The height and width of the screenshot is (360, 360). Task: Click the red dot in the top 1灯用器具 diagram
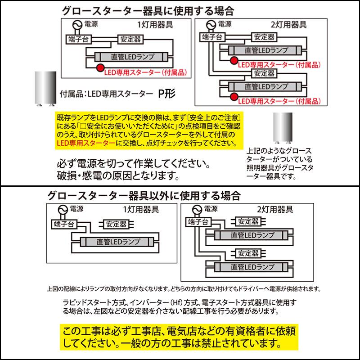click(99, 67)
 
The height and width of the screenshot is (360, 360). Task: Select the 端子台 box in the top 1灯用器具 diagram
click(78, 39)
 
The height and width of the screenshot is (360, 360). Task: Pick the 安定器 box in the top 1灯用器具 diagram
click(131, 39)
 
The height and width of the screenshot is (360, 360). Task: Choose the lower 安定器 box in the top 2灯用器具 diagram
click(264, 72)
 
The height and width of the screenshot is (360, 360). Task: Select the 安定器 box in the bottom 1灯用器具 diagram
click(116, 223)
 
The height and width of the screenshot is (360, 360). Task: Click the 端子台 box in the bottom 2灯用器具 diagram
click(198, 221)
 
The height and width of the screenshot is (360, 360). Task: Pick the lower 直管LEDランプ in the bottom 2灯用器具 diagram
click(252, 267)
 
